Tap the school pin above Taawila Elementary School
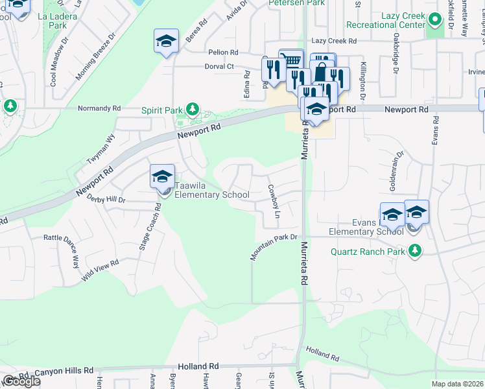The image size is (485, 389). (162, 176)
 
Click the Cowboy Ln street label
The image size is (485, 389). (274, 201)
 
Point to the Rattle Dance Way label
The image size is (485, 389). (62, 250)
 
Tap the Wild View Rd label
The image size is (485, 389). (100, 271)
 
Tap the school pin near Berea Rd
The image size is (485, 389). (166, 42)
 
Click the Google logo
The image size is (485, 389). (21, 381)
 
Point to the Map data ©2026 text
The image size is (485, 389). (456, 384)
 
